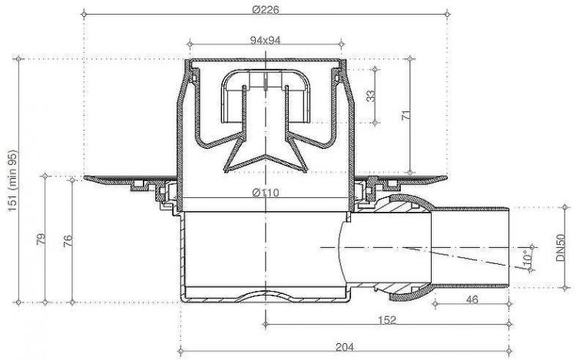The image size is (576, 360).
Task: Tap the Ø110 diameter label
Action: [264, 193]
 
